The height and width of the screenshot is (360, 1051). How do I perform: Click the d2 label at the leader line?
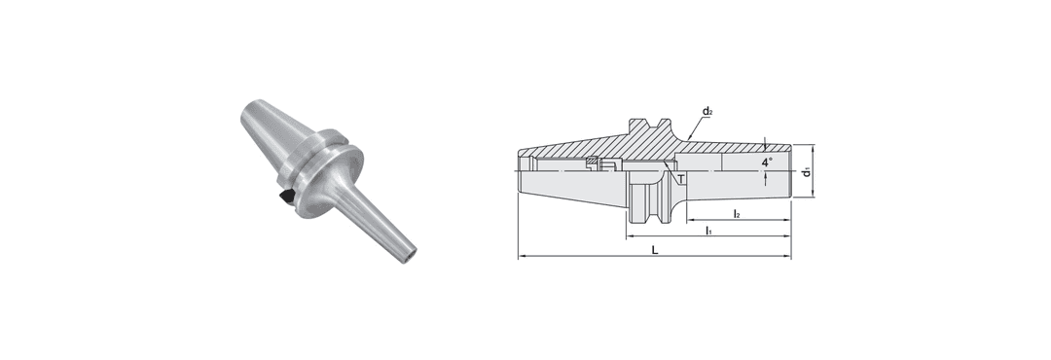click(707, 111)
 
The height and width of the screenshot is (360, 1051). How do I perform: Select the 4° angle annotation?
click(766, 162)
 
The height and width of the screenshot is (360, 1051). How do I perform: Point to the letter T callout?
click(681, 179)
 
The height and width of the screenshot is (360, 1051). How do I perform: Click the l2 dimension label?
click(737, 214)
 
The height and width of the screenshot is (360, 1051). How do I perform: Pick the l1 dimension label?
click(707, 231)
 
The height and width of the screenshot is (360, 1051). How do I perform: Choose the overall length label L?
click(655, 250)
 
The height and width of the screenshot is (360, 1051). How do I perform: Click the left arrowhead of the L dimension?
click(522, 256)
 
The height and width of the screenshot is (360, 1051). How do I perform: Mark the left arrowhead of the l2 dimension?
click(689, 220)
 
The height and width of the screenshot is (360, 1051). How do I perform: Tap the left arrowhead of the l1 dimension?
click(630, 236)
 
